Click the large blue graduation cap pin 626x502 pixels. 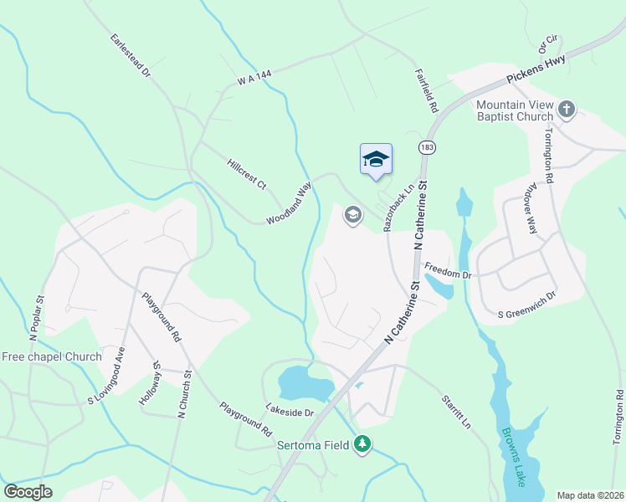(x=376, y=159)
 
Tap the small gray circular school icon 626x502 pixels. (x=353, y=216)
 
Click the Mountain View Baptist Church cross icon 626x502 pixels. (x=567, y=110)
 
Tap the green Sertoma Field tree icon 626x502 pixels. (x=362, y=443)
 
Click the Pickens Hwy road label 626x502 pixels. (x=536, y=69)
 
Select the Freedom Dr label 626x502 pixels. (x=449, y=271)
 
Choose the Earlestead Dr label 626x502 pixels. (x=130, y=57)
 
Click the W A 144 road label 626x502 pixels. (x=254, y=77)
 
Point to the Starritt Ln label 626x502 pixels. (x=456, y=411)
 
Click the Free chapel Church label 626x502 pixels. (x=52, y=356)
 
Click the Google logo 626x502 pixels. (x=28, y=492)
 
